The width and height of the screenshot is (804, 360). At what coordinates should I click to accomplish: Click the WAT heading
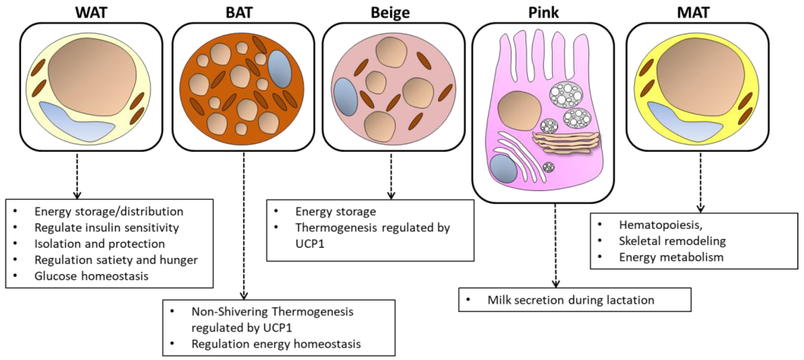click(x=91, y=13)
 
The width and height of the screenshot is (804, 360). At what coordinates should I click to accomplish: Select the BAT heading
click(x=239, y=13)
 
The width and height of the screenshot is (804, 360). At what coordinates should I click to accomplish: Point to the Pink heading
click(x=543, y=13)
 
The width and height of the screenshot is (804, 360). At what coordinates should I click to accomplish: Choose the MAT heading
click(x=693, y=13)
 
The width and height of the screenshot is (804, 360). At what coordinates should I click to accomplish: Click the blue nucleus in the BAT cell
click(x=280, y=69)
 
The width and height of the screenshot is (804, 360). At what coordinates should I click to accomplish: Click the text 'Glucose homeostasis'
click(x=91, y=276)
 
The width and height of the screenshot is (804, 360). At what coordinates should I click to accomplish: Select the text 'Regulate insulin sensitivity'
click(x=107, y=228)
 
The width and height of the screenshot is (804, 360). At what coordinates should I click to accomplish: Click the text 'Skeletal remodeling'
click(x=673, y=241)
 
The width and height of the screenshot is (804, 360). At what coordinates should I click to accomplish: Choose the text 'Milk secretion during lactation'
click(x=571, y=300)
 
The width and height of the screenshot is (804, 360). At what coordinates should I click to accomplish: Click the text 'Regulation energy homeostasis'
click(x=276, y=344)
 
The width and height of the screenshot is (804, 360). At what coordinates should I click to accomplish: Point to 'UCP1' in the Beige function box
click(x=310, y=244)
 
